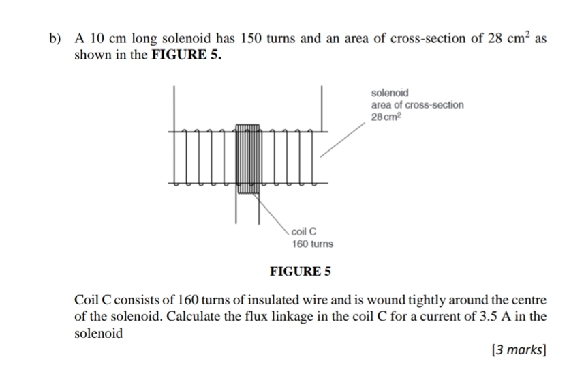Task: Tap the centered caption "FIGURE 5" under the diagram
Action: click(301, 271)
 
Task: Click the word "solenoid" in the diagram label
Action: click(390, 92)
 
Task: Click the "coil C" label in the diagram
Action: click(305, 231)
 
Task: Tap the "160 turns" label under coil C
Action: click(312, 244)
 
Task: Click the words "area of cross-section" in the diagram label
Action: click(417, 104)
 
